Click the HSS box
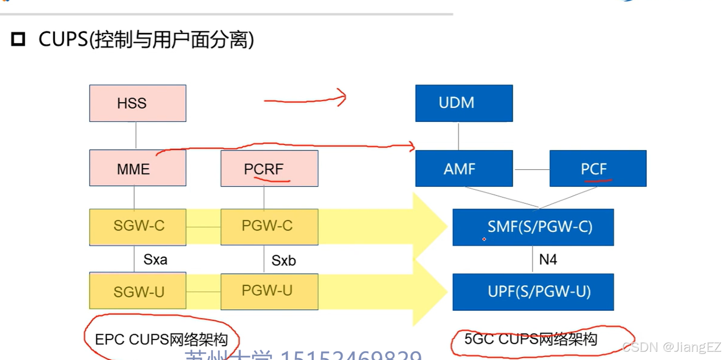click(138, 103)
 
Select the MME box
click(138, 168)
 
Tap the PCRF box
click(269, 168)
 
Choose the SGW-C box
click(138, 227)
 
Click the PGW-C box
click(269, 227)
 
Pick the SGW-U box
click(138, 291)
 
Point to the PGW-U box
click(269, 291)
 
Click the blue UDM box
click(463, 103)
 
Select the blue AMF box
click(463, 168)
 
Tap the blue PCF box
click(598, 168)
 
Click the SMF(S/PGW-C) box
click(533, 227)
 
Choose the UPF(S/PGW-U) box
click(533, 291)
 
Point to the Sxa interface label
click(155, 259)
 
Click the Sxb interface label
click(284, 261)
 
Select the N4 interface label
click(548, 259)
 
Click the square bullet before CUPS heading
click(18, 39)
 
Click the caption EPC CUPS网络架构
click(161, 339)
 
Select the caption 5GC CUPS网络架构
click(530, 339)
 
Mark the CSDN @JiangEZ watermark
click(671, 347)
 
